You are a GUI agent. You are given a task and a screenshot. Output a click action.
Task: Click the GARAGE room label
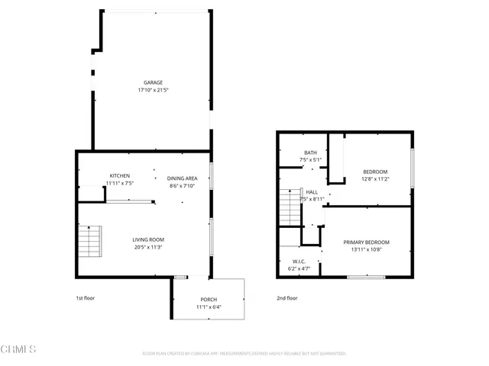(153, 82)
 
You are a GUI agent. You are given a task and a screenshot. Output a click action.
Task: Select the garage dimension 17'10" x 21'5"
(153, 90)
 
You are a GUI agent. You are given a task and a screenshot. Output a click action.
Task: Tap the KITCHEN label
(119, 176)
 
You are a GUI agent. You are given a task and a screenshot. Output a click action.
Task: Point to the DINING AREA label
(182, 178)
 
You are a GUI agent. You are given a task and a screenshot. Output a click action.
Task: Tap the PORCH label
(209, 300)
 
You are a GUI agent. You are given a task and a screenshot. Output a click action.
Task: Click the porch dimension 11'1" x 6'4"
(209, 307)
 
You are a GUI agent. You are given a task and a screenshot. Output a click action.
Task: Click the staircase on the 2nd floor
(288, 207)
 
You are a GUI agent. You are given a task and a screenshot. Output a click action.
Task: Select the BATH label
(310, 152)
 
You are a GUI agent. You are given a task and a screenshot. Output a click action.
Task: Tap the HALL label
(313, 192)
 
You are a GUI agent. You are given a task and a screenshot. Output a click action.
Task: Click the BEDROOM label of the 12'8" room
(375, 172)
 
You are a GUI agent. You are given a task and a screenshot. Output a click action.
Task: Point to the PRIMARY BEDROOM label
(371, 242)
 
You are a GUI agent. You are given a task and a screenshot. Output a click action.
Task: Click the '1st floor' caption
(85, 298)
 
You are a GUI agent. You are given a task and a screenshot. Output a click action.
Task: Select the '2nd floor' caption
(287, 298)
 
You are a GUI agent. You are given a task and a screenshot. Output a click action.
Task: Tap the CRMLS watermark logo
(19, 349)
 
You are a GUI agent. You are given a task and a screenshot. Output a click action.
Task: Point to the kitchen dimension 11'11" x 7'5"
(119, 184)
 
